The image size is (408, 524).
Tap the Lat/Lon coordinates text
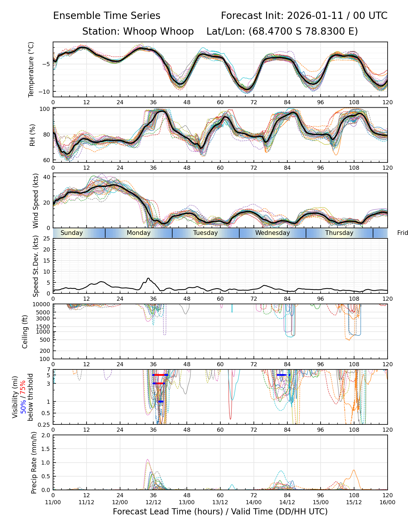tap(282, 31)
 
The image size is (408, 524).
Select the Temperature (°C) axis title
tap(31, 69)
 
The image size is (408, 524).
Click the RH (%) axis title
tap(32, 135)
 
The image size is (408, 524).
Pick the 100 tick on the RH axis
tap(45, 109)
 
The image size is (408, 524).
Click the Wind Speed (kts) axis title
tap(36, 201)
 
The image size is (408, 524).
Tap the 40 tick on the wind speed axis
tap(47, 177)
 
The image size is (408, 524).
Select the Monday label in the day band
tap(139, 233)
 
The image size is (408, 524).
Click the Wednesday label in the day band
tap(272, 233)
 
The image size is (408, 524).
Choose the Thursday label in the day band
tap(339, 233)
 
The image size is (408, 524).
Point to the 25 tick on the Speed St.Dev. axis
tap(47, 239)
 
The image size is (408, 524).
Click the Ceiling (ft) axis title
tap(25, 332)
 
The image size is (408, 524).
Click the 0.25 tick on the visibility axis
tap(45, 424)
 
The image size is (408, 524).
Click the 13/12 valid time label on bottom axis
tap(220, 502)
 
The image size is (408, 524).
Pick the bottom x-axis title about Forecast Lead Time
tap(220, 511)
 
